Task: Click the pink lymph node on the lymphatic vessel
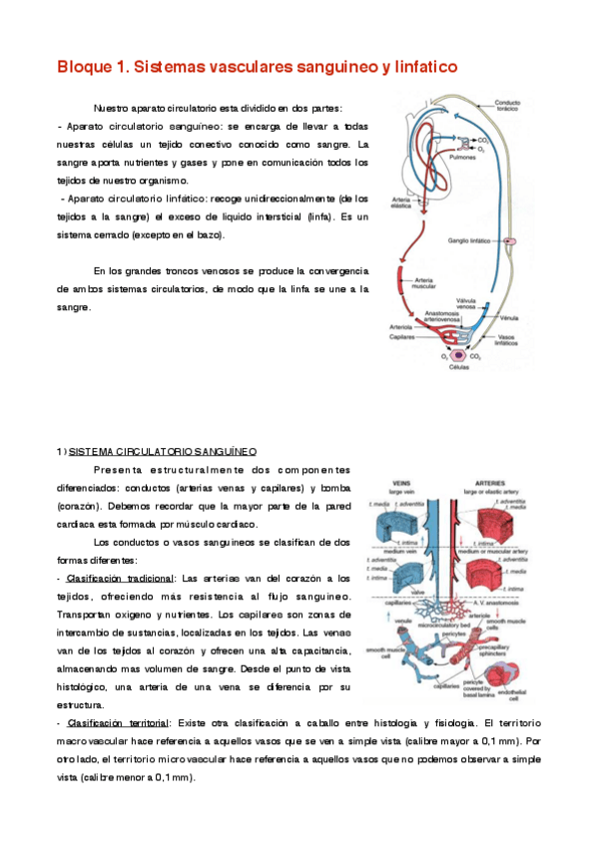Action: click(x=510, y=242)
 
